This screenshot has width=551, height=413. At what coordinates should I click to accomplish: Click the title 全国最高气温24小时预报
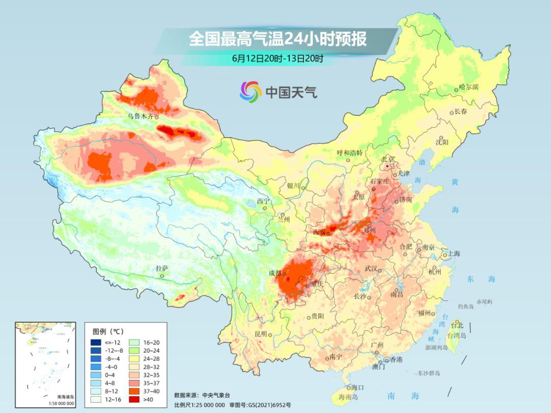tap(278, 39)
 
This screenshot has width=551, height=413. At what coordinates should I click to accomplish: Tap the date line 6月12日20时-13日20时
tap(278, 58)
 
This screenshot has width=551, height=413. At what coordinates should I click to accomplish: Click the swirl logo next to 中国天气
tap(251, 91)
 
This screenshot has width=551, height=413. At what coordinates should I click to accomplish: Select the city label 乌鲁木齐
tap(140, 117)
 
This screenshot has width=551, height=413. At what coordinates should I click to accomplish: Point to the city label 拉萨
tap(162, 268)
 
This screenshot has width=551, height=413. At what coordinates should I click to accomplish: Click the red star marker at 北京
tap(388, 166)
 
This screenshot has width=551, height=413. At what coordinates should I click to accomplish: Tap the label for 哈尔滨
tap(469, 88)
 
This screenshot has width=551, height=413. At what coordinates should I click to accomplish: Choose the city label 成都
tap(275, 273)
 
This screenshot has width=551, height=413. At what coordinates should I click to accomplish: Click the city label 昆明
tap(260, 334)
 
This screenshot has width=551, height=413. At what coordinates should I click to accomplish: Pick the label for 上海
tap(454, 254)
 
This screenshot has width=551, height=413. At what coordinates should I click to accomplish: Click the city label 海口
tap(358, 388)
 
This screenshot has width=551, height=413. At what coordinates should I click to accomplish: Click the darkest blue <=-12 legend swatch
tap(96, 342)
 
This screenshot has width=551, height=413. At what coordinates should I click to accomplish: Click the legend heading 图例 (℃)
tap(108, 331)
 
